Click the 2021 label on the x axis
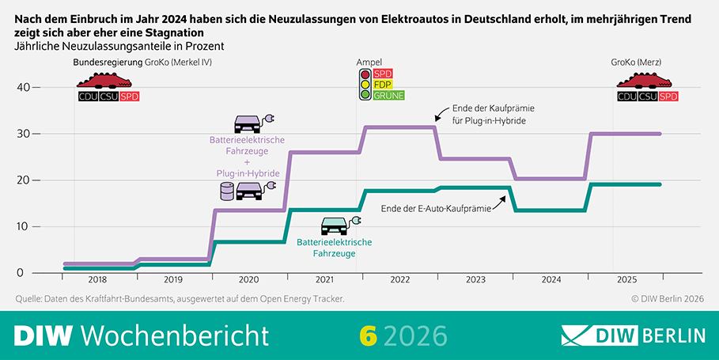click(x=323, y=280)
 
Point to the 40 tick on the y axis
click(x=22, y=87)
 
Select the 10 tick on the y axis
click(x=22, y=226)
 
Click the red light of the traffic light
click(x=365, y=74)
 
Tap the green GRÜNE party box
click(x=388, y=95)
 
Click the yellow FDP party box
click(x=383, y=84)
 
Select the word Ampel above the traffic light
click(x=369, y=62)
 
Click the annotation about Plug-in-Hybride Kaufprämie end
click(x=488, y=115)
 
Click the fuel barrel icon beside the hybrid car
click(x=227, y=191)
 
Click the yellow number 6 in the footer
click(x=367, y=335)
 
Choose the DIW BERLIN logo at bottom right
click(x=632, y=335)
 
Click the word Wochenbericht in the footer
click(x=175, y=335)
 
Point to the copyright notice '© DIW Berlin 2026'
click(x=666, y=298)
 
